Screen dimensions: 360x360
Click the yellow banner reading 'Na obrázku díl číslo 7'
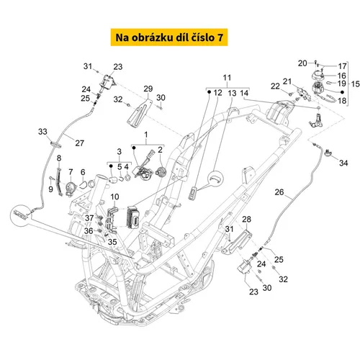[169, 37]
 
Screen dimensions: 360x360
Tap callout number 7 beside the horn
[71, 172]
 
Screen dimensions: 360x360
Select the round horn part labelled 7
[71, 188]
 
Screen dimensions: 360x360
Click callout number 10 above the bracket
[114, 197]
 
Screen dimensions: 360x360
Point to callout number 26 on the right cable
[279, 192]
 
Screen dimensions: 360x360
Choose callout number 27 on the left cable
[80, 143]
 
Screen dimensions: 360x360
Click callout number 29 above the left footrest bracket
[148, 89]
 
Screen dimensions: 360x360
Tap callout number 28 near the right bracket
[246, 219]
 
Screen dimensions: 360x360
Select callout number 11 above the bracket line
[227, 78]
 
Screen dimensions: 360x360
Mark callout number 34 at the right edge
[343, 163]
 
